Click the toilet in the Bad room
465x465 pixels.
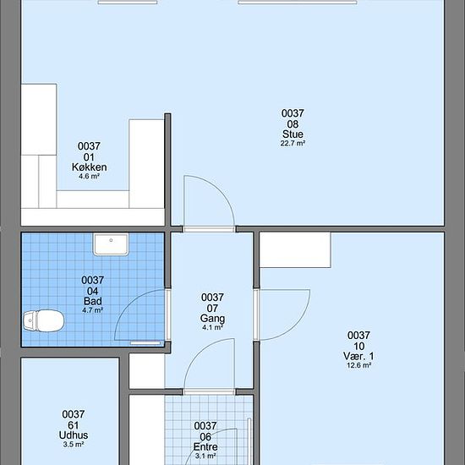[x=44, y=320]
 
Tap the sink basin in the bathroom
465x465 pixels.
[x=111, y=244]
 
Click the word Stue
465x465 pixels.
[x=293, y=134]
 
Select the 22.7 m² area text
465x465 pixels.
[x=293, y=143]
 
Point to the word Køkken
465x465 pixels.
[x=90, y=167]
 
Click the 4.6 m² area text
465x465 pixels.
[x=89, y=177]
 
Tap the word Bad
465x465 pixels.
[x=92, y=301]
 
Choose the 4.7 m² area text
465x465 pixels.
[x=92, y=310]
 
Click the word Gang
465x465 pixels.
[x=212, y=318]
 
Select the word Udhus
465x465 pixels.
[x=74, y=435]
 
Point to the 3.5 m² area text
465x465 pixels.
[x=74, y=444]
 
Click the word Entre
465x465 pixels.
[x=205, y=446]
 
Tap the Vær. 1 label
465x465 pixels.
[x=358, y=356]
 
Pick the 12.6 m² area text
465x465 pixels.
[x=358, y=365]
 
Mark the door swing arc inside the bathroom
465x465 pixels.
[x=129, y=304]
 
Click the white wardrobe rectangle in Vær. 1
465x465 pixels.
[x=295, y=249]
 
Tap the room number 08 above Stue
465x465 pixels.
[x=293, y=124]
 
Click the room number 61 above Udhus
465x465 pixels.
[x=74, y=425]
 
